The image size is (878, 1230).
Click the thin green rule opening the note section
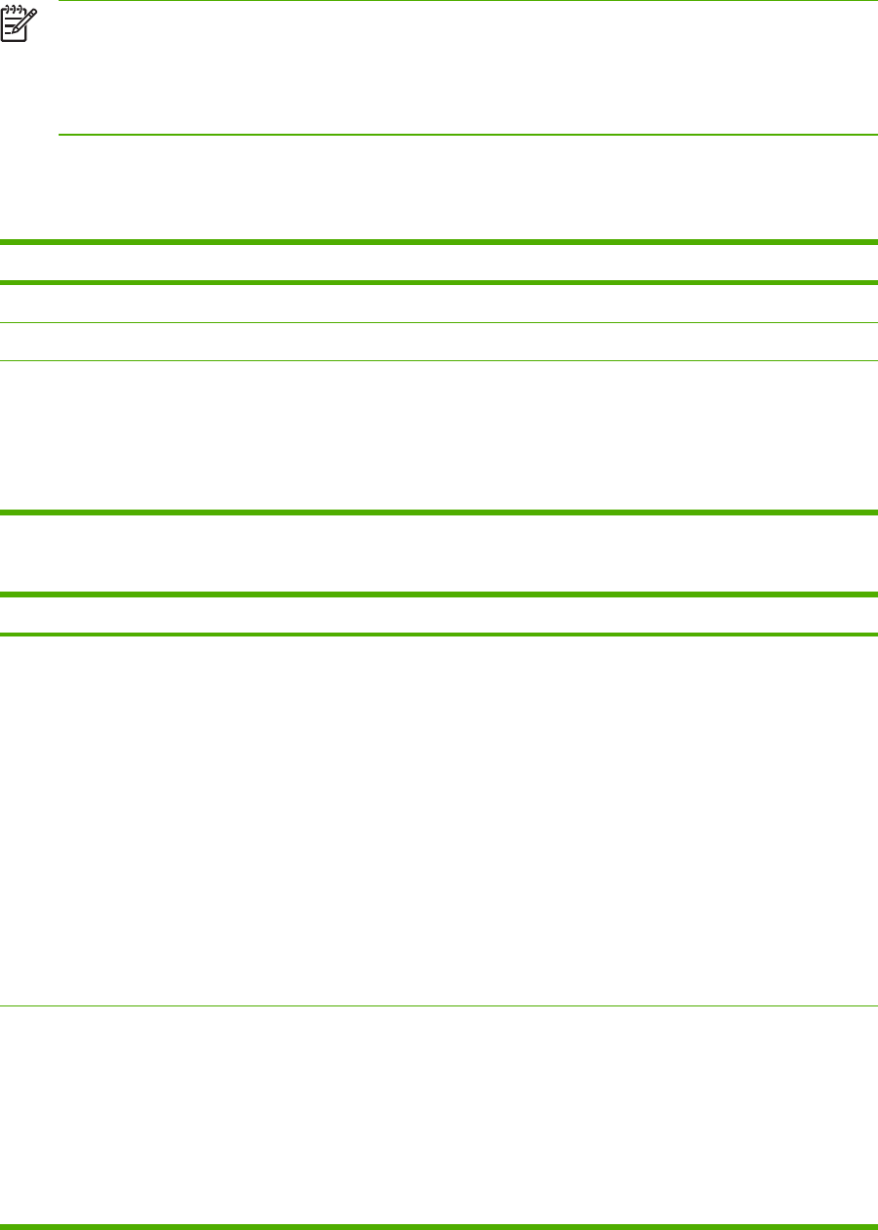[469, 1]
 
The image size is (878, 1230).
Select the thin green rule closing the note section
[469, 134]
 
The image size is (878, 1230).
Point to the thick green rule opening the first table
[439, 242]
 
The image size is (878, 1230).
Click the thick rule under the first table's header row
[439, 283]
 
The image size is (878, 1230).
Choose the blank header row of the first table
[439, 263]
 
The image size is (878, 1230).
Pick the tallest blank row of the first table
[439, 434]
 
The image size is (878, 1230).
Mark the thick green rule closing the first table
[439, 511]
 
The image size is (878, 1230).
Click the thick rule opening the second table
[439, 594]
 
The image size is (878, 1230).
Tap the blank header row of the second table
[439, 614]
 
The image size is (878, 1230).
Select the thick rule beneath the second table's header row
[439, 635]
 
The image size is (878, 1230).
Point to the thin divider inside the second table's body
[439, 1006]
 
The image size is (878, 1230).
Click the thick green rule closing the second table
[439, 1225]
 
